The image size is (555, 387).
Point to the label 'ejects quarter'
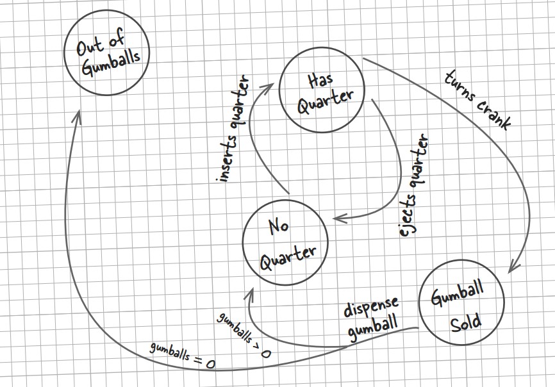(x=414, y=186)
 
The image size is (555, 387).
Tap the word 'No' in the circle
(x=278, y=227)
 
